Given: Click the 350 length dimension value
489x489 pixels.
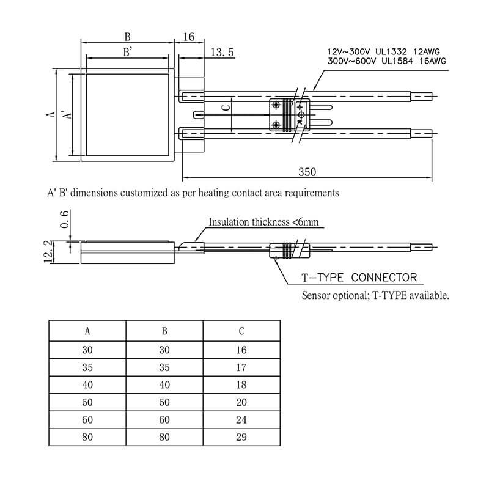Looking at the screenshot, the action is coord(307,172).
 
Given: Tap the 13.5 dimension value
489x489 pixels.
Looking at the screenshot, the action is coord(222,52).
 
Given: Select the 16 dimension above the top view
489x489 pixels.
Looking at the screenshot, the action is coord(189,37).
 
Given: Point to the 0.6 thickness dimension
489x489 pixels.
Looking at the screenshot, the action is coord(64,219).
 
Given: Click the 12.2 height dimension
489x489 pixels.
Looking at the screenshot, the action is coord(48,252).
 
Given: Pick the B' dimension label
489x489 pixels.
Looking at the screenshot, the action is coord(128,52).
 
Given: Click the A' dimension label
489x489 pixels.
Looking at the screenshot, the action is coord(67,114).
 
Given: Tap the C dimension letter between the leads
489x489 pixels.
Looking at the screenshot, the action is coord(226,108).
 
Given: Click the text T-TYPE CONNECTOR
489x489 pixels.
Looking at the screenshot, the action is coord(359,278).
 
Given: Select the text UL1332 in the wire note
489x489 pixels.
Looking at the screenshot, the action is coord(391,51).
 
